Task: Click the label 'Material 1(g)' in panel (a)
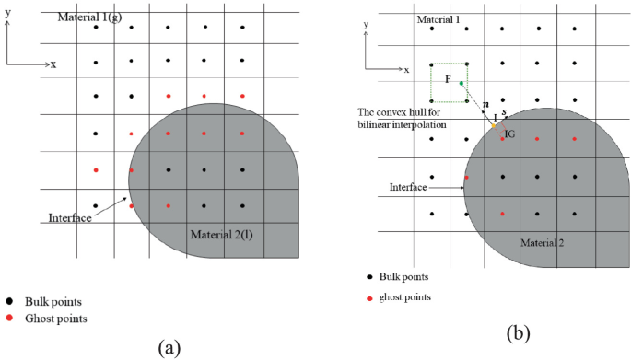coord(91,17)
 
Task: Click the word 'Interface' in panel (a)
coord(70,219)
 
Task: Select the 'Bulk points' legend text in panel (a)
coord(56,300)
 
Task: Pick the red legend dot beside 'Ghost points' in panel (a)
coord(9,319)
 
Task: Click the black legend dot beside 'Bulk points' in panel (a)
coord(9,300)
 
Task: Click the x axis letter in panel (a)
coord(53,64)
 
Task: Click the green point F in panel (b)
coord(462,84)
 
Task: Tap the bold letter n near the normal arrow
coord(485,105)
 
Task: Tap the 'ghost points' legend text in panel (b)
coord(406,297)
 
